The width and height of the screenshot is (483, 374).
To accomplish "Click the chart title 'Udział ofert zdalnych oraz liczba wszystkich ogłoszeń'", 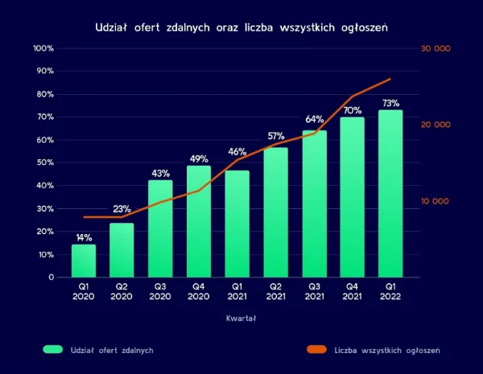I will click(x=242, y=27).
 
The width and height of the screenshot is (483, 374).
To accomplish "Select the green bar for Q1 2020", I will click(x=84, y=261).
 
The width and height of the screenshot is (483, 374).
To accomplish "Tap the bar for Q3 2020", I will click(x=160, y=228).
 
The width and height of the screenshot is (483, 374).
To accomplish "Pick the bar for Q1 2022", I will click(x=390, y=193).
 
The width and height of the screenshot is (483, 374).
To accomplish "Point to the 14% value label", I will click(x=84, y=238).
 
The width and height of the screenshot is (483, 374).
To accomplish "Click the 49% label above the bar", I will click(x=199, y=158).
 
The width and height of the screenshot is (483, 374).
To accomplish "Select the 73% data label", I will click(x=390, y=103).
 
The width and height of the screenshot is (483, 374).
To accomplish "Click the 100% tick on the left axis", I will click(x=43, y=48).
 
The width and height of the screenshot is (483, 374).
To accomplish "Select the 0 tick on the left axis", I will click(x=51, y=277).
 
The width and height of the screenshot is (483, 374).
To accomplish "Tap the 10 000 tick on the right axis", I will click(x=436, y=201).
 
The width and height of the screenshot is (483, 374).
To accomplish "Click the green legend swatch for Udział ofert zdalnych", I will click(x=52, y=350).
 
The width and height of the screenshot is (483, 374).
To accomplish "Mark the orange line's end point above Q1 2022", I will click(x=390, y=79).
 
